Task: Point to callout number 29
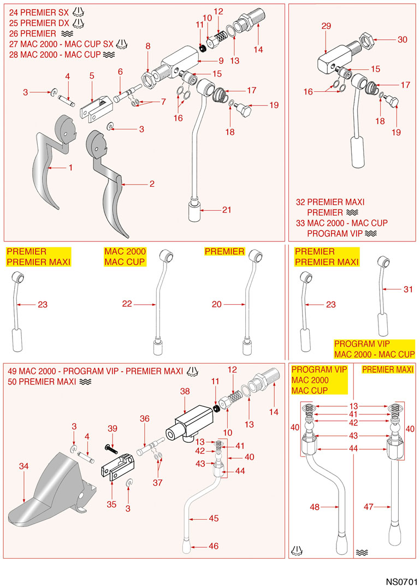(x=326, y=26)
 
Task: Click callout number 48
(x=315, y=507)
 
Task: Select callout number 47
(x=369, y=507)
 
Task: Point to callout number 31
(x=408, y=290)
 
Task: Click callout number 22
(x=127, y=304)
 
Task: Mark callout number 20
(x=217, y=304)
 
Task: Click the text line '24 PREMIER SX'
(x=36, y=12)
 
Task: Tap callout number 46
(x=214, y=546)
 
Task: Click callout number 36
(x=144, y=418)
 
